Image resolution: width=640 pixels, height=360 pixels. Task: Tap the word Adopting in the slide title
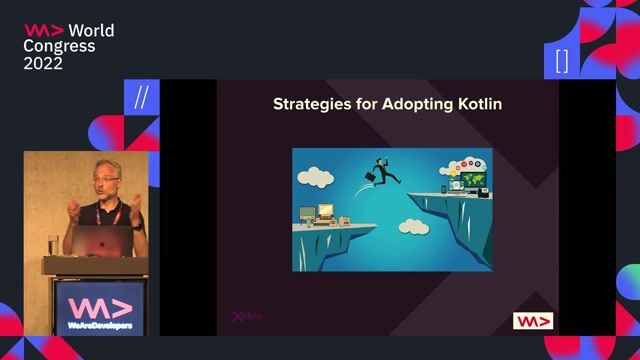(417, 105)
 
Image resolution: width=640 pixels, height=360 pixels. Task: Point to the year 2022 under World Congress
(43, 63)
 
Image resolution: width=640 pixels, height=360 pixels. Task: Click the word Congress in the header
(60, 46)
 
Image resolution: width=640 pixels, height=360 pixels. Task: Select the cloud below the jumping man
(411, 227)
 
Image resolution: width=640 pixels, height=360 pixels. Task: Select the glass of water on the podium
(53, 244)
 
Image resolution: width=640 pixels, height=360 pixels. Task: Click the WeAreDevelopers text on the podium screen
(98, 325)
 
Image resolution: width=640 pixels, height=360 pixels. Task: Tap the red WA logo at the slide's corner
(533, 321)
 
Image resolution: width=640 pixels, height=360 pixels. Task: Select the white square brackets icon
(562, 61)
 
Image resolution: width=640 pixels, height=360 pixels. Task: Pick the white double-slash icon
(141, 98)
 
